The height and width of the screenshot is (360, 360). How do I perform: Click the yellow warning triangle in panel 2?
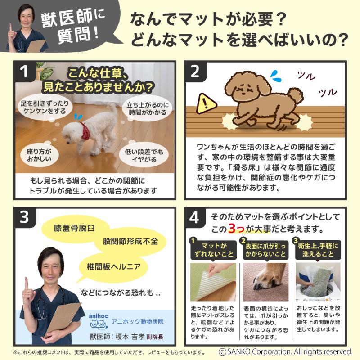click(x=207, y=104)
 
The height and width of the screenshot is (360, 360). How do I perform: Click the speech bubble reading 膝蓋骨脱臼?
click(x=74, y=229)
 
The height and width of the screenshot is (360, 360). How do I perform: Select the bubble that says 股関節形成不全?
click(x=130, y=241)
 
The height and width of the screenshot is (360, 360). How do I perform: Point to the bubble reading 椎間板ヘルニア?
click(x=114, y=266)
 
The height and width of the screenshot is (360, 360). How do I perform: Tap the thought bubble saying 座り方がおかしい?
click(x=39, y=155)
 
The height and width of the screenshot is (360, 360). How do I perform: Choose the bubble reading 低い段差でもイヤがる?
click(x=144, y=155)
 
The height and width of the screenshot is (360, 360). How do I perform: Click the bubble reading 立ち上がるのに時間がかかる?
click(x=148, y=108)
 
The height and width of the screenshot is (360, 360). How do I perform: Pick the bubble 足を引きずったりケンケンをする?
click(x=45, y=107)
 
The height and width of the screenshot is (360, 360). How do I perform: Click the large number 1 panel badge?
click(x=24, y=71)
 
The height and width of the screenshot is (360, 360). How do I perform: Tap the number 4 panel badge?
click(x=194, y=217)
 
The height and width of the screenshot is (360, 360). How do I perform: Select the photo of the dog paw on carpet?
click(x=265, y=282)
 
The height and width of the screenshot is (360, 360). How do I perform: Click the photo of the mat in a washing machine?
click(x=318, y=282)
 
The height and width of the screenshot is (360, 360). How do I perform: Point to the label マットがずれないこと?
click(x=213, y=250)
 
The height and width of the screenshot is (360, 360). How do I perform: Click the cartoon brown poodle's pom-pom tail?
click(x=296, y=96)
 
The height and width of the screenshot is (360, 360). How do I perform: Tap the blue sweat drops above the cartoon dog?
click(x=276, y=76)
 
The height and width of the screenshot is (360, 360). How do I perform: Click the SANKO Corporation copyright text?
click(x=285, y=351)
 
